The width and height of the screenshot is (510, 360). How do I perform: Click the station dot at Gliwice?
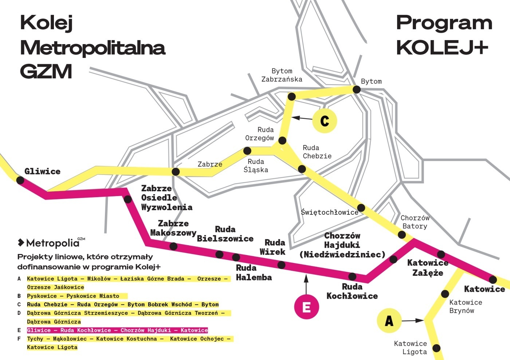[20, 180]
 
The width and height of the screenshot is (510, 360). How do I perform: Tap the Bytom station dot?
[357, 90]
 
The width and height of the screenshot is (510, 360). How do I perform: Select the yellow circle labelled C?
[325, 121]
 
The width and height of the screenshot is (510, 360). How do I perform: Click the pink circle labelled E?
[306, 307]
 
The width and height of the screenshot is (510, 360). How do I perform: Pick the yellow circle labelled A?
[389, 321]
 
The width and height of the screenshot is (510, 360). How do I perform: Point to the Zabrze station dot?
[176, 172]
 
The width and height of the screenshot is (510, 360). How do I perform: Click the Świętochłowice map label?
[330, 212]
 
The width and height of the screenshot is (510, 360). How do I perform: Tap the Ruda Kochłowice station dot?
[352, 276]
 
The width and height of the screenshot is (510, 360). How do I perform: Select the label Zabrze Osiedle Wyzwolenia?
[166, 198]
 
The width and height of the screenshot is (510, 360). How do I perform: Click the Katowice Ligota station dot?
[436, 348]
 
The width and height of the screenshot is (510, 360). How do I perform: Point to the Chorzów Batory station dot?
[401, 235]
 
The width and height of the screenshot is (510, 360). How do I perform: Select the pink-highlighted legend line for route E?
[117, 330]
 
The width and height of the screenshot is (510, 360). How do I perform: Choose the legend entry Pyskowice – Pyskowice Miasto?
[73, 296]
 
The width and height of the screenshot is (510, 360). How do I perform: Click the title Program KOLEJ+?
[444, 35]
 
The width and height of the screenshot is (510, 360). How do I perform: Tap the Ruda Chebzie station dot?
[302, 169]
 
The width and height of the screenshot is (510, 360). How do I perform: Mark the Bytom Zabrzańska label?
[282, 75]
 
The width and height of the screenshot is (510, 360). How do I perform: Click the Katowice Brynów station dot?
[445, 294]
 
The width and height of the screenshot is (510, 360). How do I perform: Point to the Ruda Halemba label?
[254, 273]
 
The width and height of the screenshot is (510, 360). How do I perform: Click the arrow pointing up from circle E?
[306, 284]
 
